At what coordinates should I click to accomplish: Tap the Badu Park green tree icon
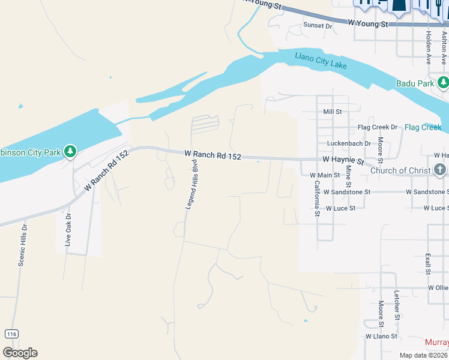coord(443,83)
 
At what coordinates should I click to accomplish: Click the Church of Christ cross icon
coord(440,170)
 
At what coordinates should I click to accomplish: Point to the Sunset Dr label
coord(318,25)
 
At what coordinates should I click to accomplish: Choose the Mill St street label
coord(332,112)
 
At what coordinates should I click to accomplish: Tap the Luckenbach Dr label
coord(349,143)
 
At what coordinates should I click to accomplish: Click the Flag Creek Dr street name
coord(378,127)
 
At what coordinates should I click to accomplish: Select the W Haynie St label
coord(343,161)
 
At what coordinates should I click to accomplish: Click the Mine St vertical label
coord(348,178)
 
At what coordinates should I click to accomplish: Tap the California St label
coord(317,199)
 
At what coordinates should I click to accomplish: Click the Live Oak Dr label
coord(68,229)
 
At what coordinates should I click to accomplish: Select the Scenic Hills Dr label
coord(23,245)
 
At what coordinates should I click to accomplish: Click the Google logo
coord(20,353)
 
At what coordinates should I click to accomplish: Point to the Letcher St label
coord(397,304)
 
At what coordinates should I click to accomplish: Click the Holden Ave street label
coord(429,47)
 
